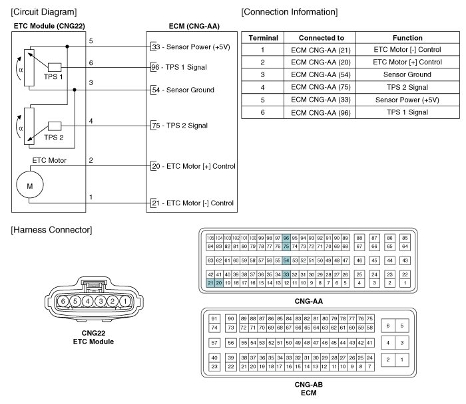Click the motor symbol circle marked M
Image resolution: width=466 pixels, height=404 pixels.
tap(29, 187)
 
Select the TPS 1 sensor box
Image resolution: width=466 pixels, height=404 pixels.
tap(55, 66)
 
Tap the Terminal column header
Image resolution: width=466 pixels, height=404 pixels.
tap(262, 38)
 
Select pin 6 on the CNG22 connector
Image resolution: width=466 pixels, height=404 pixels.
tap(63, 302)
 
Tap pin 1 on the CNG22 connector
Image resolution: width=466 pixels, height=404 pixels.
tap(124, 302)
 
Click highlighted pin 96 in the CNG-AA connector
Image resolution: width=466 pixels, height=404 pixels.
tap(286, 238)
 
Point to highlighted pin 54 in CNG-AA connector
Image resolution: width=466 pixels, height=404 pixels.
tap(286, 260)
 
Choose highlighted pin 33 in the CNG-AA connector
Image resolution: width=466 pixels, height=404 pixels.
tap(286, 274)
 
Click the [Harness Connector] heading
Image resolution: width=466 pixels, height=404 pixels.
tap(51, 230)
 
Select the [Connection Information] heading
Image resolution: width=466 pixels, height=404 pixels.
tap(290, 13)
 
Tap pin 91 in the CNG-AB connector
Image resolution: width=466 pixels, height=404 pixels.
tap(214, 319)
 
